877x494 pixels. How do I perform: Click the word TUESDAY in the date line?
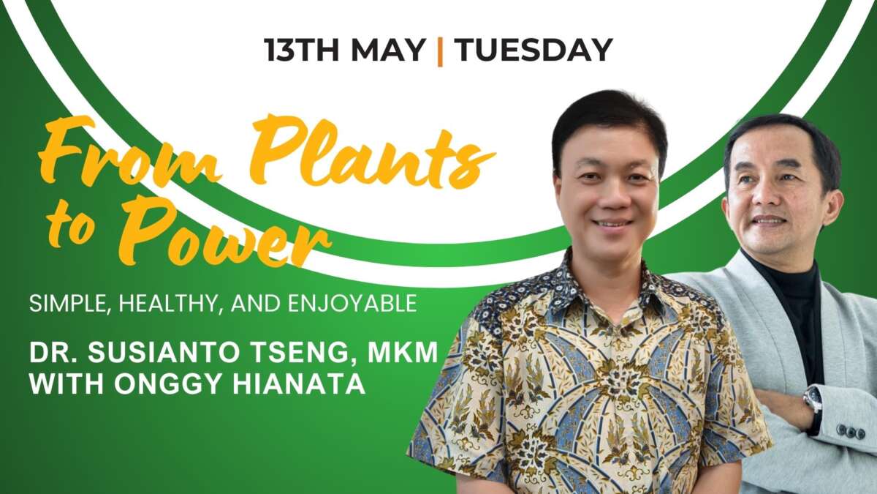pyautogui.click(x=535, y=50)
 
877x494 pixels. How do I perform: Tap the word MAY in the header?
pyautogui.click(x=387, y=50)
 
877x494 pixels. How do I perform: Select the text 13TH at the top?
pyautogui.click(x=301, y=50)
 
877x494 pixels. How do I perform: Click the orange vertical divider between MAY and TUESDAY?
pyautogui.click(x=440, y=51)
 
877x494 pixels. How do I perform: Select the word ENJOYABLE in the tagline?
pyautogui.click(x=352, y=304)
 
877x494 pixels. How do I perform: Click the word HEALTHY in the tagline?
pyautogui.click(x=167, y=304)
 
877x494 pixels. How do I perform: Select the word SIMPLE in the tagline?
pyautogui.click(x=69, y=304)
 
